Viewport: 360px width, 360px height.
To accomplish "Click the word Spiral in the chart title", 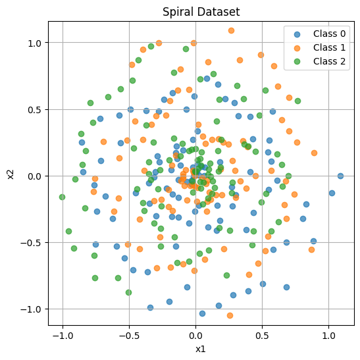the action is tap(178, 12).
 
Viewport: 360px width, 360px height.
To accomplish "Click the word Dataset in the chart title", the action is tap(218, 11).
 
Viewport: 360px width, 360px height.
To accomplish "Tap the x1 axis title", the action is tap(201, 349).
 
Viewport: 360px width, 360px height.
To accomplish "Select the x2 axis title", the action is tap(11, 174).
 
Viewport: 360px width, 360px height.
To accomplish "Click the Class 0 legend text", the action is tap(329, 34).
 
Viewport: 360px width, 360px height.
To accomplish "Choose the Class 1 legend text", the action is tap(329, 47).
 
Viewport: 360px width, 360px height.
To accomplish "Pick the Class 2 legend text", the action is tap(329, 61).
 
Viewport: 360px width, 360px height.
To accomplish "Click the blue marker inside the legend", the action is tap(297, 34).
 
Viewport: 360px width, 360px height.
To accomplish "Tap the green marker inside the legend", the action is tap(297, 61).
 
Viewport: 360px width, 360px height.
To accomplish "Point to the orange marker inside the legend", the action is tap(297, 48).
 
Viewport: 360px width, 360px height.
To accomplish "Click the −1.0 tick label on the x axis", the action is tap(63, 336).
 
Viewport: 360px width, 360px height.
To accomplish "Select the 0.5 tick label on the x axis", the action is tap(262, 336).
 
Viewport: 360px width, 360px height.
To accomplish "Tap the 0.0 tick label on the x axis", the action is tap(195, 336).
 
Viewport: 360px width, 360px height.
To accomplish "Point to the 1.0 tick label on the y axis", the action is tap(34, 43).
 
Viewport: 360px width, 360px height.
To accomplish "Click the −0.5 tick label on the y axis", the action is tap(30, 243).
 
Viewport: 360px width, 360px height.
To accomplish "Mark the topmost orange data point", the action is tap(231, 30).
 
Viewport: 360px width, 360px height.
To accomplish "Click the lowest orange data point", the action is tap(230, 316).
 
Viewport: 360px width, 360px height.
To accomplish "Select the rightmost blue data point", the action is tap(340, 176).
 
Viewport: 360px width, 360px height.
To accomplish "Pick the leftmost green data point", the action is tap(62, 197).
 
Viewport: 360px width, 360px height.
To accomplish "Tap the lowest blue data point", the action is tap(202, 314).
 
